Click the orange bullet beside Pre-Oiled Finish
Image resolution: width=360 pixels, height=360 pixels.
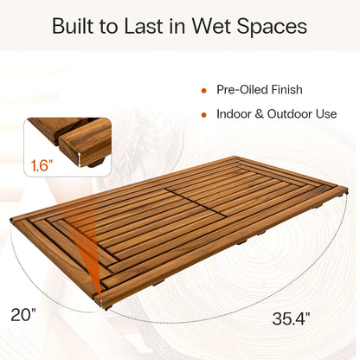coord(203,90)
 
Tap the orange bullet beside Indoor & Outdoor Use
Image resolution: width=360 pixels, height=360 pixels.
coord(203,114)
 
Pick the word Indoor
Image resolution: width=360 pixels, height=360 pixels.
coord(235,114)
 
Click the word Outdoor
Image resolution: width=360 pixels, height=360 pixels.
coord(293,114)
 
